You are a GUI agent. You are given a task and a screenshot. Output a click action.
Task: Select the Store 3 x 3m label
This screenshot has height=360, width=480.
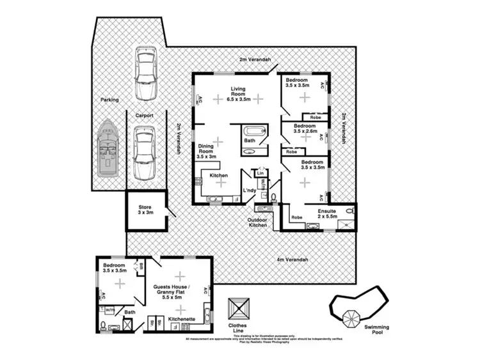point(145,210)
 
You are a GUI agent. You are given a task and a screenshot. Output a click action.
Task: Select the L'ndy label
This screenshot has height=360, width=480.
point(250,191)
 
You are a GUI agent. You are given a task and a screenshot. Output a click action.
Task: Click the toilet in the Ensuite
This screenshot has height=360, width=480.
point(349,211)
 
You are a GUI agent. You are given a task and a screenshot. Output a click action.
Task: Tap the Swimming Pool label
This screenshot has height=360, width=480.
point(376,329)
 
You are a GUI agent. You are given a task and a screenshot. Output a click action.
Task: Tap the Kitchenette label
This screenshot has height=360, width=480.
point(181,318)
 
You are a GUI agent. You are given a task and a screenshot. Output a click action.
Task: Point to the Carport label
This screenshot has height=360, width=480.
point(145,116)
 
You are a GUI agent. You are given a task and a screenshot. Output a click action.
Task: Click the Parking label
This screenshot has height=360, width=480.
point(109,100)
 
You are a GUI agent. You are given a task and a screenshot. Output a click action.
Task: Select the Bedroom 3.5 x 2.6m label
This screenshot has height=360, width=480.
point(305,130)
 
